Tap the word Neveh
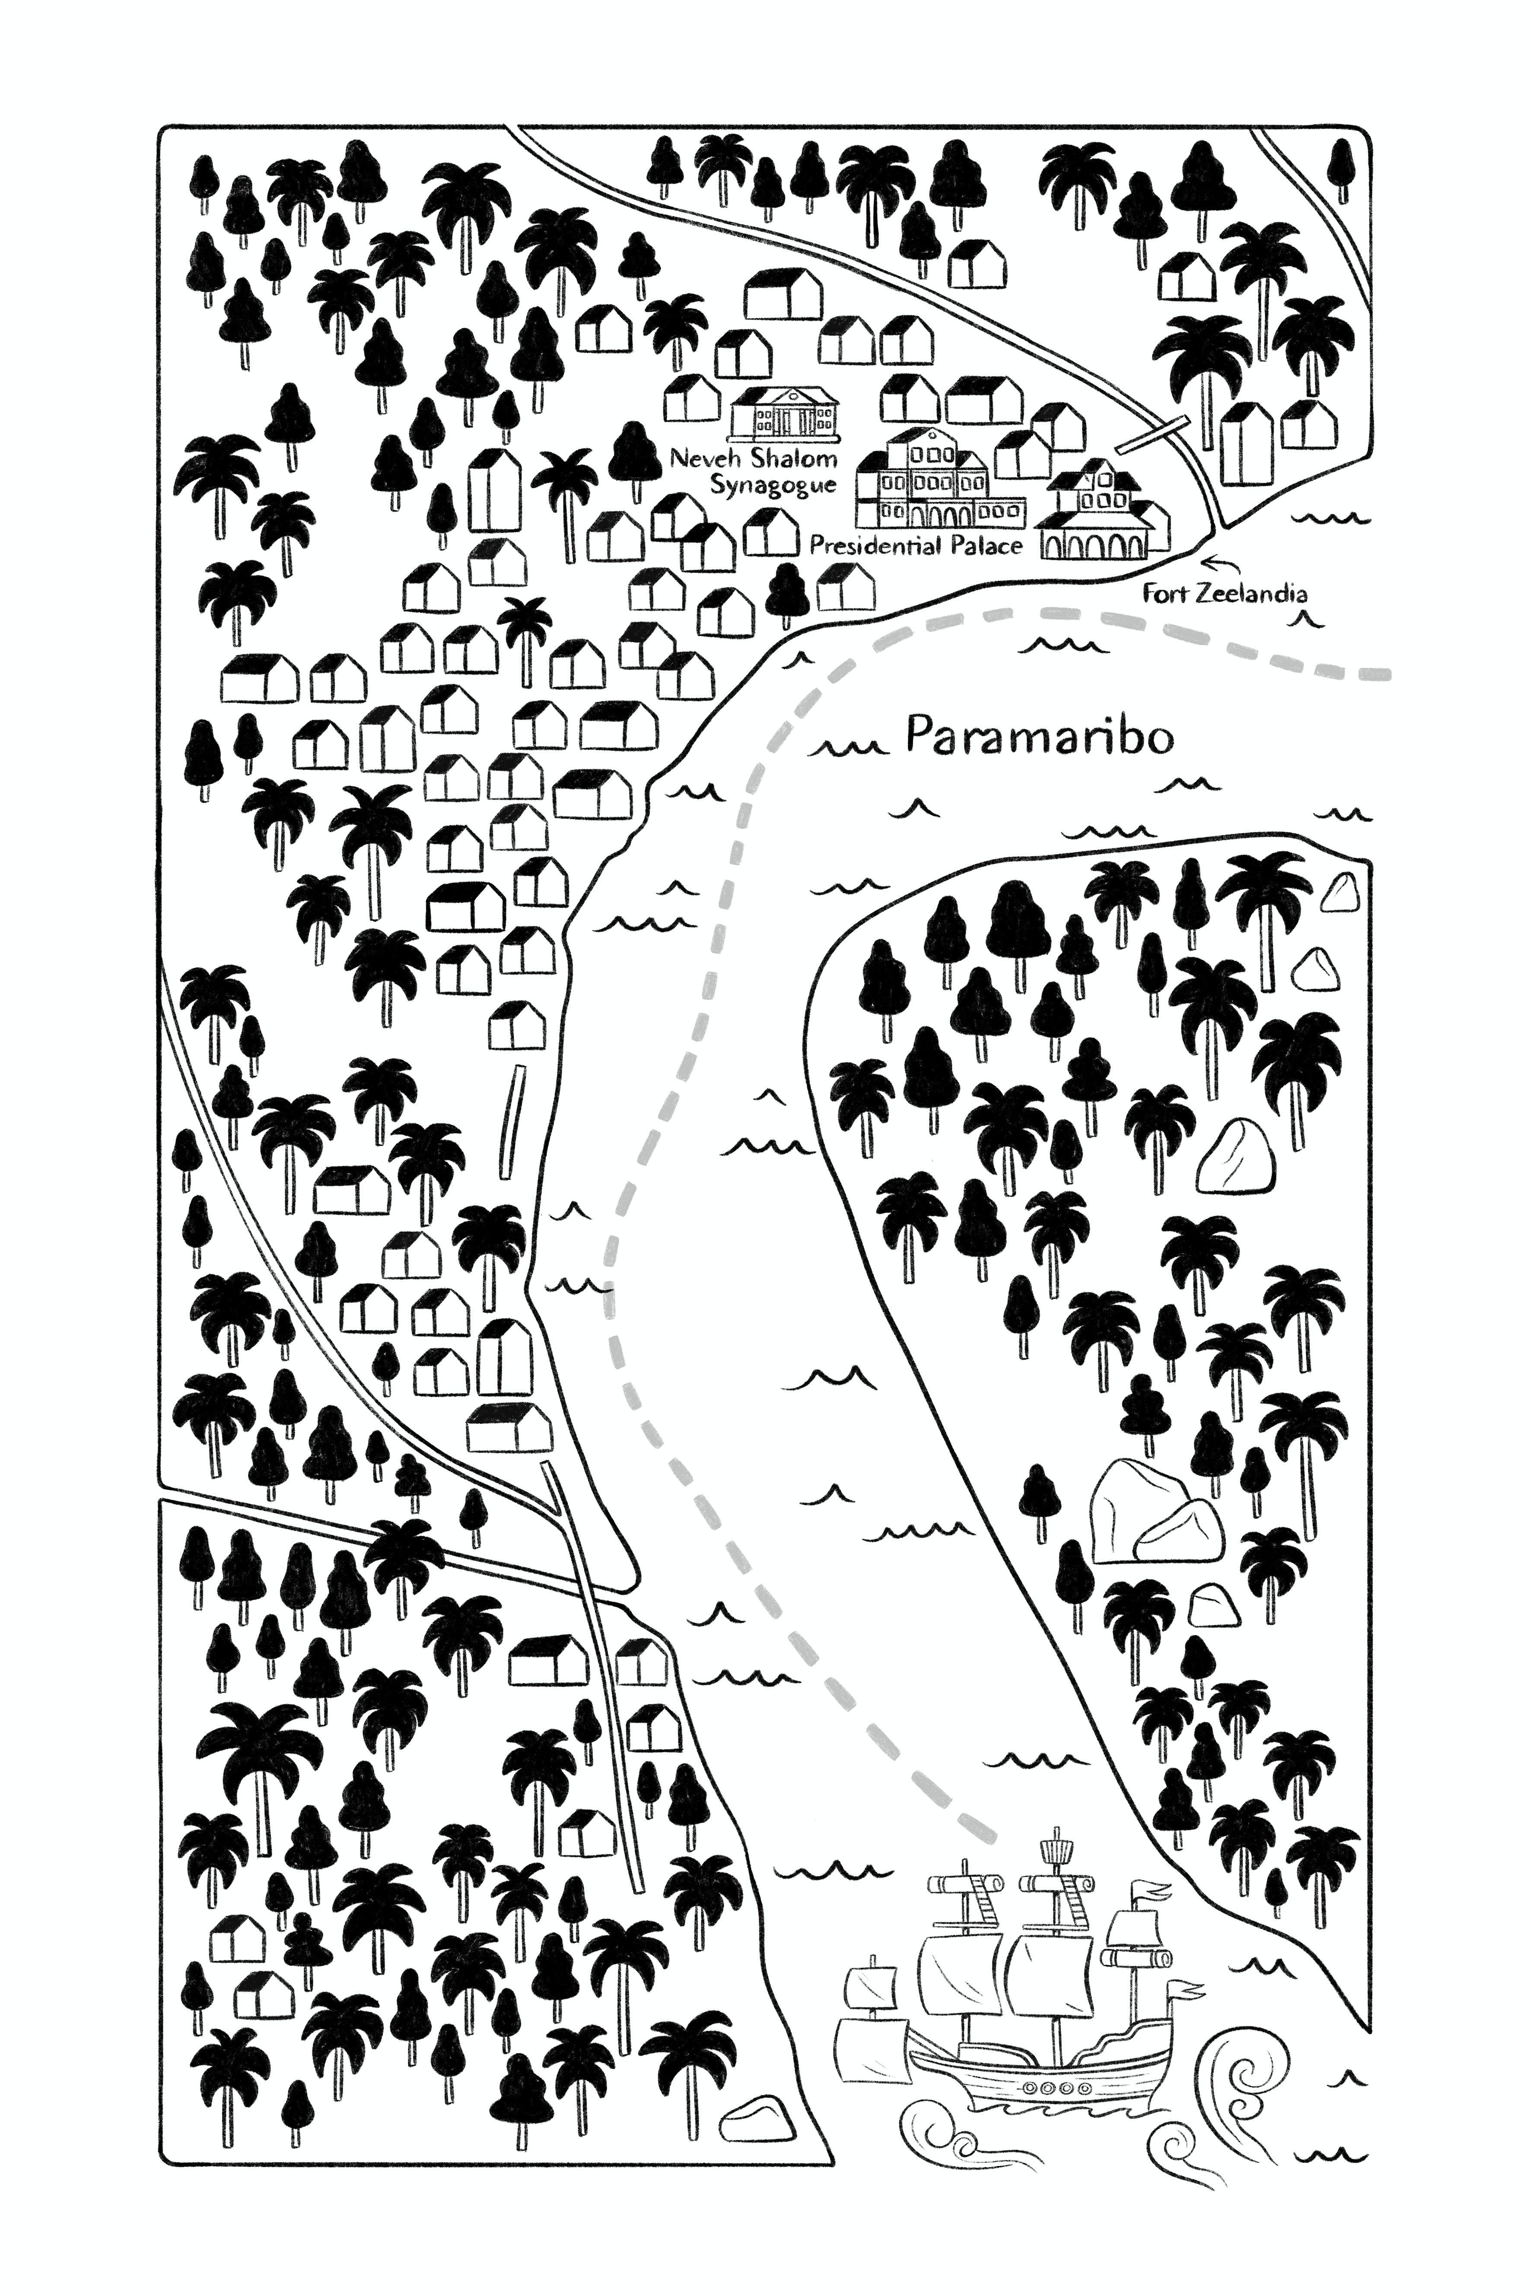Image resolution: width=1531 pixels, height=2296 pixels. (706, 459)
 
